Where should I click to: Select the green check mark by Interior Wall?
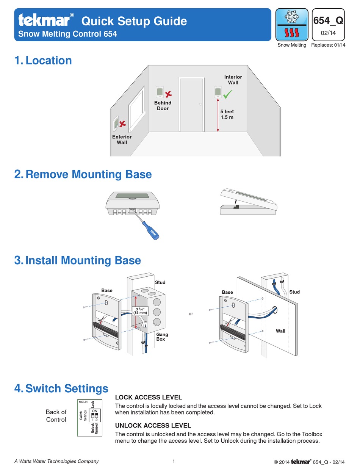pos(228,94)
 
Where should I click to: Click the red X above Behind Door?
pos(168,93)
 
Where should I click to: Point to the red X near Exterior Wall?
pos(122,124)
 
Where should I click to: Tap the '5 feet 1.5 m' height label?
pos(227,114)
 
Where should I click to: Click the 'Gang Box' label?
pos(162,337)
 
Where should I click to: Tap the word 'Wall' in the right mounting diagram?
pos(280,331)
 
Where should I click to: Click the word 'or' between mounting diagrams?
pos(191,313)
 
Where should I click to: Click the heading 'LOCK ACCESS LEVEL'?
pos(148,397)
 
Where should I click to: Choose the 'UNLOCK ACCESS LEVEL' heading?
pos(153,426)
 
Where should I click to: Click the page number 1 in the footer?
pos(174,461)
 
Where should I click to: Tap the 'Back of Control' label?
pos(56,416)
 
